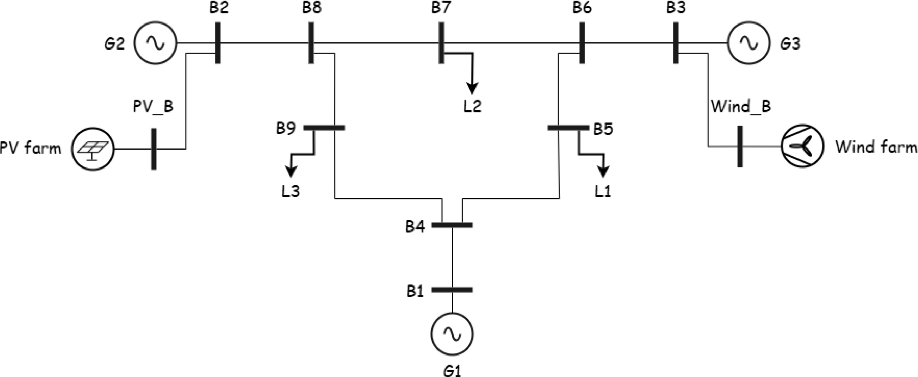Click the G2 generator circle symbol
pyautogui.click(x=155, y=43)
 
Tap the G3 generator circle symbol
pyautogui.click(x=748, y=43)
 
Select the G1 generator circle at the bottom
pyautogui.click(x=452, y=334)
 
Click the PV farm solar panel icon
pyautogui.click(x=93, y=149)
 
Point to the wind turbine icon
pyautogui.click(x=803, y=146)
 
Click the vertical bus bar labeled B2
pyautogui.click(x=218, y=43)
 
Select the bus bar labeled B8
pyautogui.click(x=311, y=43)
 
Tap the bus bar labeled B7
pyautogui.click(x=441, y=43)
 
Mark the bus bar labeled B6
pyautogui.click(x=582, y=43)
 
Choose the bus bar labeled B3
pyautogui.click(x=676, y=43)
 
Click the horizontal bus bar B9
pyautogui.click(x=324, y=128)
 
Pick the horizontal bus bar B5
pyautogui.click(x=568, y=128)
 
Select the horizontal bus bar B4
pyautogui.click(x=452, y=225)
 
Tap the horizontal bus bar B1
pyautogui.click(x=452, y=289)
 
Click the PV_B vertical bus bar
pyautogui.click(x=154, y=149)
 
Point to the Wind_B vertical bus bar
pyautogui.click(x=740, y=146)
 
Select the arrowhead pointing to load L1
pyautogui.click(x=603, y=172)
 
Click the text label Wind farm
pyautogui.click(x=876, y=147)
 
